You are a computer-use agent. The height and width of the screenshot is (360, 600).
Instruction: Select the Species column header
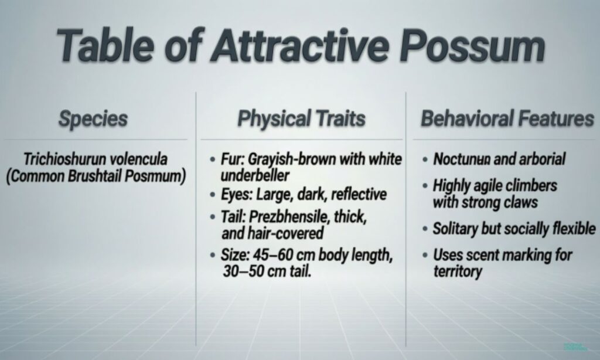93,119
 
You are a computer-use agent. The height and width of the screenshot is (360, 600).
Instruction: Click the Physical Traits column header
301,119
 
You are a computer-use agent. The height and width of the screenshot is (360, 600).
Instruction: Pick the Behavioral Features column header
507,119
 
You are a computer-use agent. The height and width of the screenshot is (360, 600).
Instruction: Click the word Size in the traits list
235,256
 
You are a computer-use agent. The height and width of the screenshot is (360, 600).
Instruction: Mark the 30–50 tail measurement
243,272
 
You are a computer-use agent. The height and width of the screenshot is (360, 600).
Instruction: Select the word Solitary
455,229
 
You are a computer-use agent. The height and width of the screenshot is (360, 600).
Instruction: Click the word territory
458,271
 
